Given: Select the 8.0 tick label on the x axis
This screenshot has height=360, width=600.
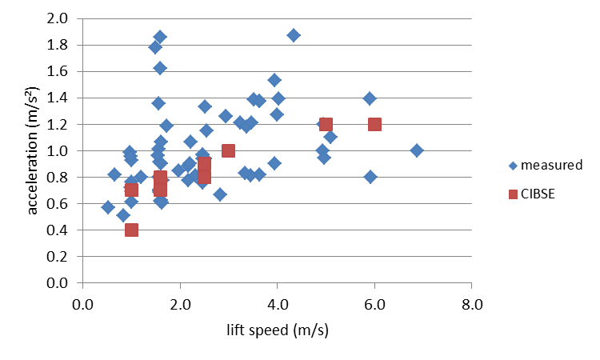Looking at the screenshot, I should [471, 304].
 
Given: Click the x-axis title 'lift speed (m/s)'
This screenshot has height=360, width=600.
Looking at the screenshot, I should [278, 330].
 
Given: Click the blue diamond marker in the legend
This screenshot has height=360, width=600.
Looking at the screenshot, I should [512, 166].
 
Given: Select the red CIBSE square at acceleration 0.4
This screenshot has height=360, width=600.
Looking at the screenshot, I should [132, 230].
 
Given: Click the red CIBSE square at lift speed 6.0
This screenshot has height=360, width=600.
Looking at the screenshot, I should [374, 124].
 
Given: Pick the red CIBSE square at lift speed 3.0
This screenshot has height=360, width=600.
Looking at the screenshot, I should [229, 150].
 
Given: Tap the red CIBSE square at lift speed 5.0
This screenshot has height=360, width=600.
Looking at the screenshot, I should [326, 124].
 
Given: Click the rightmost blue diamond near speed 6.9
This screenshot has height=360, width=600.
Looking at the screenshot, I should [416, 150].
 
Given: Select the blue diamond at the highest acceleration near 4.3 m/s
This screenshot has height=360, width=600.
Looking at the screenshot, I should [294, 35].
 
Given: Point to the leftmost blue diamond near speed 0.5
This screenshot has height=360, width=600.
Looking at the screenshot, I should [108, 207].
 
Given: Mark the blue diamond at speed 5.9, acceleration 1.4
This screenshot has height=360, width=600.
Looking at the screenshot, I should [370, 98].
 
